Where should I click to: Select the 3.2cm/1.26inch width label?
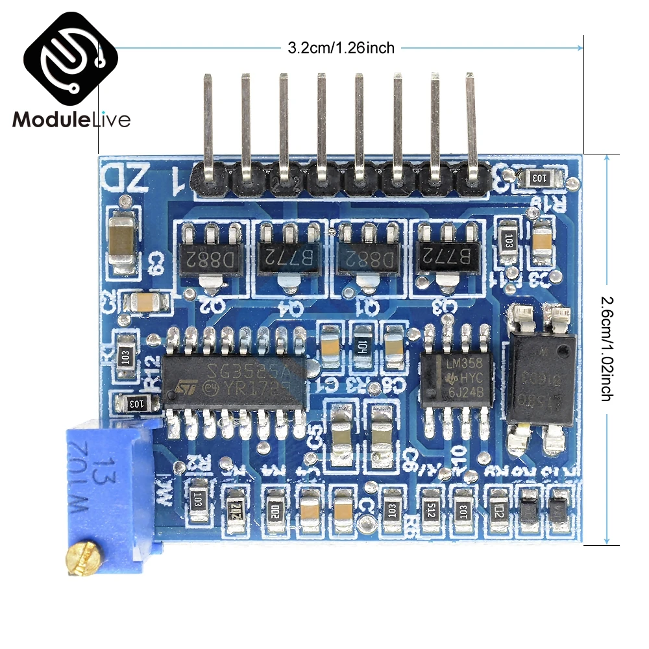[x=341, y=47]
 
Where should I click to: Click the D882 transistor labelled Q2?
[x=210, y=258]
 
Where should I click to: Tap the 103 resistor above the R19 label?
[x=539, y=177]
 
